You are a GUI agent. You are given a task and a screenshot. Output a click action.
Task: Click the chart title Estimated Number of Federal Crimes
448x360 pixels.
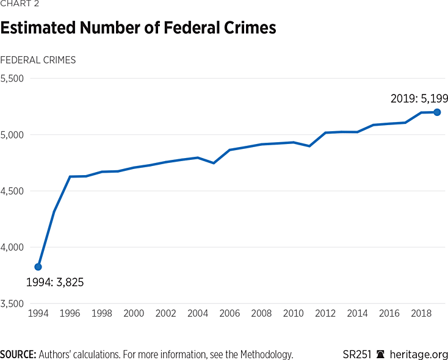point(138,28)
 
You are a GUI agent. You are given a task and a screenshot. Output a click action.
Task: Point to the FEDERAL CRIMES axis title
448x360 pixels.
point(38,60)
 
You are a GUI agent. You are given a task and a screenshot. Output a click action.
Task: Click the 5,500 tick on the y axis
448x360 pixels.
point(12,78)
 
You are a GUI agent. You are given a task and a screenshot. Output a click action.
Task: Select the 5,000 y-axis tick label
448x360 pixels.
point(12,134)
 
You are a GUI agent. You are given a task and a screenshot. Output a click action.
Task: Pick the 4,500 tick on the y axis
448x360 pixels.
point(12,191)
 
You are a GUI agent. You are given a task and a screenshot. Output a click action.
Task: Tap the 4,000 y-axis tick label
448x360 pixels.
point(12,247)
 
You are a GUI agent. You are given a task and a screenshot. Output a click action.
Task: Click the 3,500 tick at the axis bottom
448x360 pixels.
point(12,303)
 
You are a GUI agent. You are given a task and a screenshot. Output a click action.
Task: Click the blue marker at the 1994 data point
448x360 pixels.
point(38,267)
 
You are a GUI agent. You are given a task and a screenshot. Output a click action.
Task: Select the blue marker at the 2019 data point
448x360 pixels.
point(437,112)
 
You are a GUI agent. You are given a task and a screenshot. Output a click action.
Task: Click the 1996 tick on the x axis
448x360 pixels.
point(70,313)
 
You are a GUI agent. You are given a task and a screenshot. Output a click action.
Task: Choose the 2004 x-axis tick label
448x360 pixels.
point(198,313)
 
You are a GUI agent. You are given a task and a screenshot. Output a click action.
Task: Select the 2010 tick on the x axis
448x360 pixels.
point(294,313)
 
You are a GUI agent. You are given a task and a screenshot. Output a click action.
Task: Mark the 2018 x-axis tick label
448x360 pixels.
point(421,313)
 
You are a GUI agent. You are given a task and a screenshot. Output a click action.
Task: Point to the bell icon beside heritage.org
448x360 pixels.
point(381,355)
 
